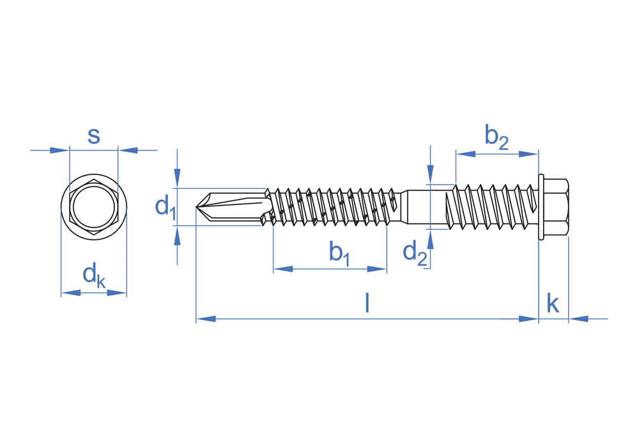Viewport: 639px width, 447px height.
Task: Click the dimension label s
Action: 94,136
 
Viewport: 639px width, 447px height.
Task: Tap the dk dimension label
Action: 93,275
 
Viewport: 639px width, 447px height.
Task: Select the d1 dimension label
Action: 165,206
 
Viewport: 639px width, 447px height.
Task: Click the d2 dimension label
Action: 415,252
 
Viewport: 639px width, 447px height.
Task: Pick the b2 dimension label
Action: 496,137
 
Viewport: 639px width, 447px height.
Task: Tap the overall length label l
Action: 367,303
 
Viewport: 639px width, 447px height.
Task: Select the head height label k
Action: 553,304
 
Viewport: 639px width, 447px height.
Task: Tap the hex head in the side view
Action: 556,207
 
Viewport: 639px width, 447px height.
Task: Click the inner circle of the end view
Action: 93,208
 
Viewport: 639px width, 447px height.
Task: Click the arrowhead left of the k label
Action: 530,318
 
